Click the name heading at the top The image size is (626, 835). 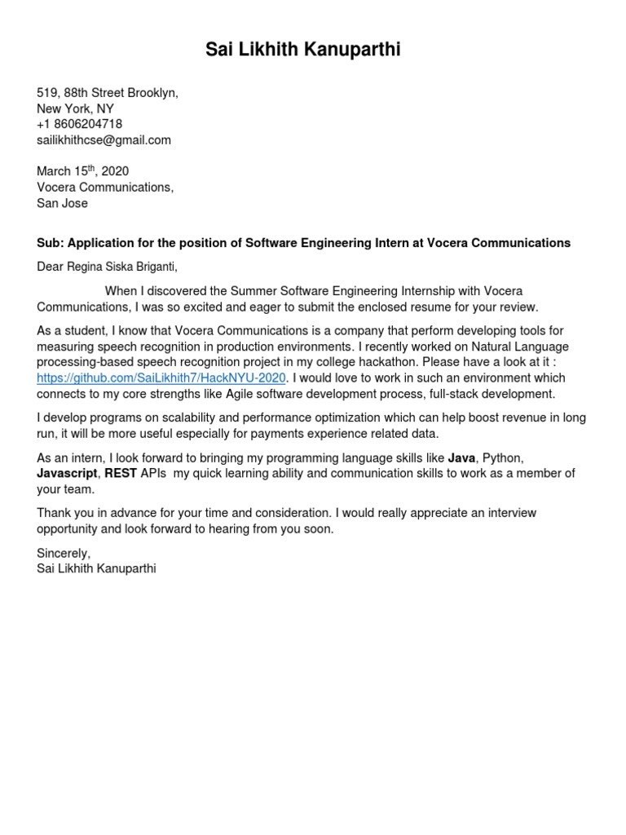click(302, 51)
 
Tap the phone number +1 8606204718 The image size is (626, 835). click(80, 124)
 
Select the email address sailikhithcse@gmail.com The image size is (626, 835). click(104, 139)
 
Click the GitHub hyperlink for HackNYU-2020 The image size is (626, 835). click(162, 378)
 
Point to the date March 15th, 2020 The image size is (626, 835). click(83, 171)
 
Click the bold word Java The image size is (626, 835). click(461, 458)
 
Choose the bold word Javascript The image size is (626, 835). click(67, 474)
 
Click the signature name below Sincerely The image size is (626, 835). click(96, 568)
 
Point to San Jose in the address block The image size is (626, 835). click(63, 203)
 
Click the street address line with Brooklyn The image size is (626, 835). click(108, 93)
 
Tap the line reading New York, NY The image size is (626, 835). click(76, 108)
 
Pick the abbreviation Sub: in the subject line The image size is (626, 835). click(50, 243)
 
